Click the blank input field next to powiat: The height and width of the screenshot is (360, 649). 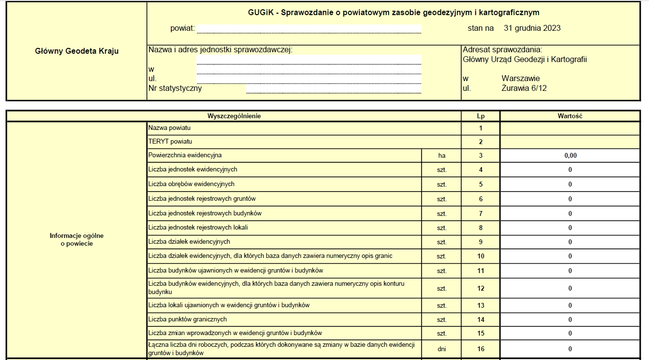[x=309, y=29]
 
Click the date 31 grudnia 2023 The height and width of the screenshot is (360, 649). [x=532, y=28]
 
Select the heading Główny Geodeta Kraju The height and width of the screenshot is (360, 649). [x=77, y=51]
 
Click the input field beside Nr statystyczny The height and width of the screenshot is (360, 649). [x=334, y=88]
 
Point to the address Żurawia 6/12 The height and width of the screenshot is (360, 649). [x=524, y=88]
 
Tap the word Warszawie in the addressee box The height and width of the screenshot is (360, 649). [x=521, y=79]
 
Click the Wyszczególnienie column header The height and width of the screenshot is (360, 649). [x=234, y=116]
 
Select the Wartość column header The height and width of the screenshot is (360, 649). [x=570, y=116]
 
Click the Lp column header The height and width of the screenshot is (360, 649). [x=481, y=116]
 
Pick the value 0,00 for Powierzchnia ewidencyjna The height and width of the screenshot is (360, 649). [x=570, y=156]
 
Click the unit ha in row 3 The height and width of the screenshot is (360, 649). [x=441, y=156]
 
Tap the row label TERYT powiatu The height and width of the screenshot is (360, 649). [x=170, y=142]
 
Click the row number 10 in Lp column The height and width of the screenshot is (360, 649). [x=481, y=256]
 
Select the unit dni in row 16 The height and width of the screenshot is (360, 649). [x=441, y=349]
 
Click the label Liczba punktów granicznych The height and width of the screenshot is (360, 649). [x=188, y=319]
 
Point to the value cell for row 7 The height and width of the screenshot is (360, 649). [x=570, y=213]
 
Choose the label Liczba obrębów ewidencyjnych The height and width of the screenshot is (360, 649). [x=191, y=184]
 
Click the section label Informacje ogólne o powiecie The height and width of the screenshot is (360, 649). [x=77, y=239]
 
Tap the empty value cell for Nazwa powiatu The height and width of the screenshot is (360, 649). [x=570, y=128]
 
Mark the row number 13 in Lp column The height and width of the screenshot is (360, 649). [x=481, y=306]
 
